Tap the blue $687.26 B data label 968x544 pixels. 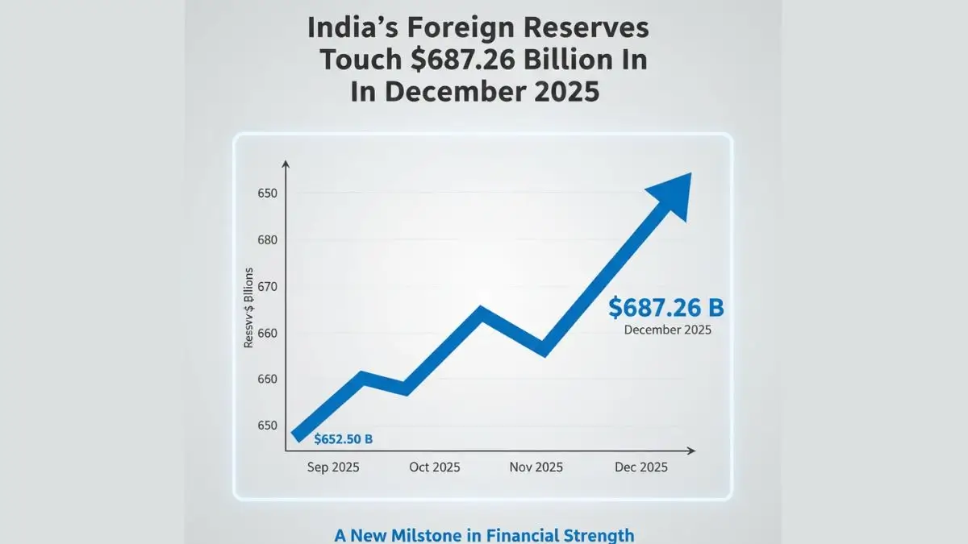666,307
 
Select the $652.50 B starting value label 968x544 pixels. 344,439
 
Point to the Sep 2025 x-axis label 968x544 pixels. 333,467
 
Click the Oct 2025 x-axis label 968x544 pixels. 434,467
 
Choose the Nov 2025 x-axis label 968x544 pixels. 536,467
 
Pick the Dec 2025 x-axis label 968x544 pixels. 640,467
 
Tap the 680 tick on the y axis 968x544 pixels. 267,240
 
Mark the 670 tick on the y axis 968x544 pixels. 267,287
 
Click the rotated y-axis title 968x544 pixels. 249,307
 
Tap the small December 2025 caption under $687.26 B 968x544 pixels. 667,330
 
